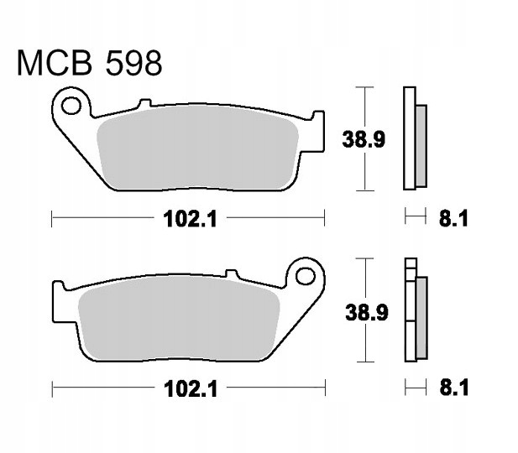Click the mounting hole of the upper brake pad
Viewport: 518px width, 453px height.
pyautogui.click(x=71, y=107)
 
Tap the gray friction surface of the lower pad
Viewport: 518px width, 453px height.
pyautogui.click(x=178, y=317)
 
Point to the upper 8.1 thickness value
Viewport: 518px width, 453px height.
pyautogui.click(x=453, y=220)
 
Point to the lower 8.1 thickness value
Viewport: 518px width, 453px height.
pyautogui.click(x=453, y=388)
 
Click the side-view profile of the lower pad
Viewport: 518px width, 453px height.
pyautogui.click(x=412, y=310)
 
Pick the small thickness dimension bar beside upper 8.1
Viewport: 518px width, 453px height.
pyautogui.click(x=411, y=219)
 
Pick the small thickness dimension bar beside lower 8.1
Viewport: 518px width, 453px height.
pyautogui.click(x=411, y=388)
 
